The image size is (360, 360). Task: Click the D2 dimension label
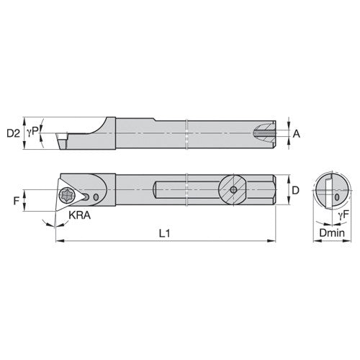coord(13,133)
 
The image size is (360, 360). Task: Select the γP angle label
coord(31,133)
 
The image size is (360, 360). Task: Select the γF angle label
coord(344,215)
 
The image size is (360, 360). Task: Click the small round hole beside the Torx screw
coord(86,196)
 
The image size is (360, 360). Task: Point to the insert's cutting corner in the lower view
coord(55,207)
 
